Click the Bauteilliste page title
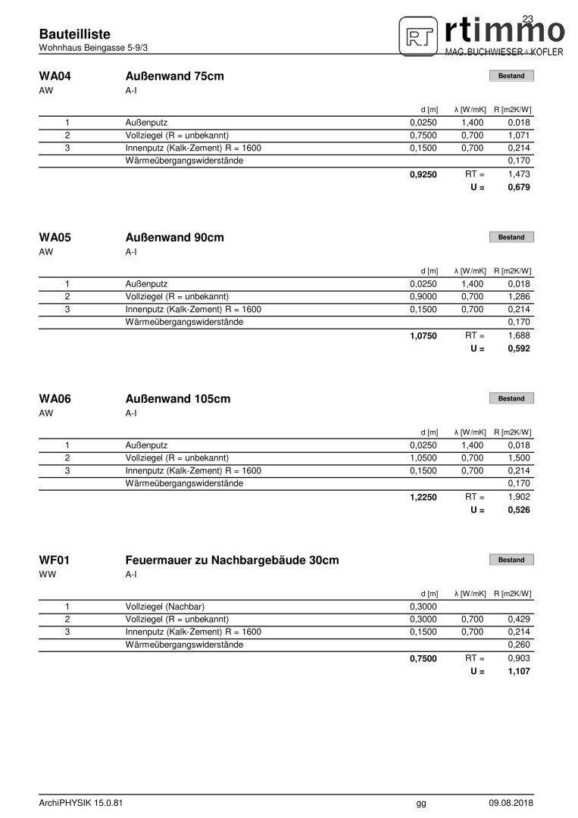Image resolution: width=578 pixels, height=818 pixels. [x=74, y=34]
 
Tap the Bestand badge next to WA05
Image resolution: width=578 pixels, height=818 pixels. [x=511, y=237]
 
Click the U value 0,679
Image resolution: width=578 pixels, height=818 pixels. [x=519, y=187]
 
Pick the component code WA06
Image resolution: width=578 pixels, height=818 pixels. [x=55, y=398]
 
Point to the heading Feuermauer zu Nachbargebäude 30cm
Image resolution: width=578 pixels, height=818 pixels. [x=232, y=560]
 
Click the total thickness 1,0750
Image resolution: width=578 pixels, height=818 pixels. [x=423, y=336]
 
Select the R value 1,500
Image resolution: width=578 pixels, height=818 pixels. [x=519, y=457]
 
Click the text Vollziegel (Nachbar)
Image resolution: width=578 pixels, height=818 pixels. [x=165, y=606]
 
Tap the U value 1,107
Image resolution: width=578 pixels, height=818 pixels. [x=519, y=671]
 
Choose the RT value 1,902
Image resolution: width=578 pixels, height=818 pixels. [x=519, y=497]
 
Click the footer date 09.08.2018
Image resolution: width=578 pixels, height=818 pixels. [x=511, y=803]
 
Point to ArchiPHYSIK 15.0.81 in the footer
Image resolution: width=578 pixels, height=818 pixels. [x=81, y=803]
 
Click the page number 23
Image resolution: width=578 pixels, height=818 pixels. [x=528, y=19]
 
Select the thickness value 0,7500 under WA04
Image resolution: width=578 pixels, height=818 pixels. [x=423, y=135]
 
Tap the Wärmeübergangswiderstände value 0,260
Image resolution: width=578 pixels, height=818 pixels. [x=519, y=645]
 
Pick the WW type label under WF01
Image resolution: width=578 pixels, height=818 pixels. [x=47, y=574]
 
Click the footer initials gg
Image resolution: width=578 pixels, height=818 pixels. [x=421, y=803]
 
